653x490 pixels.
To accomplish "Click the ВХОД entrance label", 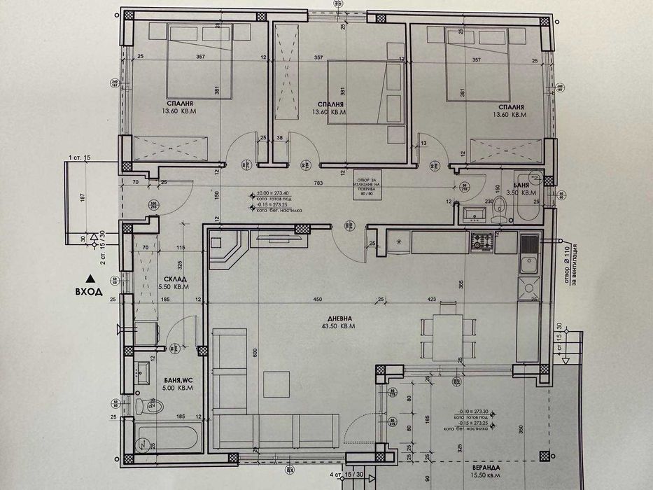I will click(x=89, y=293).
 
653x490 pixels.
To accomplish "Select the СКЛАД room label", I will click(x=164, y=278).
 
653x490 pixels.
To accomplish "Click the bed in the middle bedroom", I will click(x=357, y=91).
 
